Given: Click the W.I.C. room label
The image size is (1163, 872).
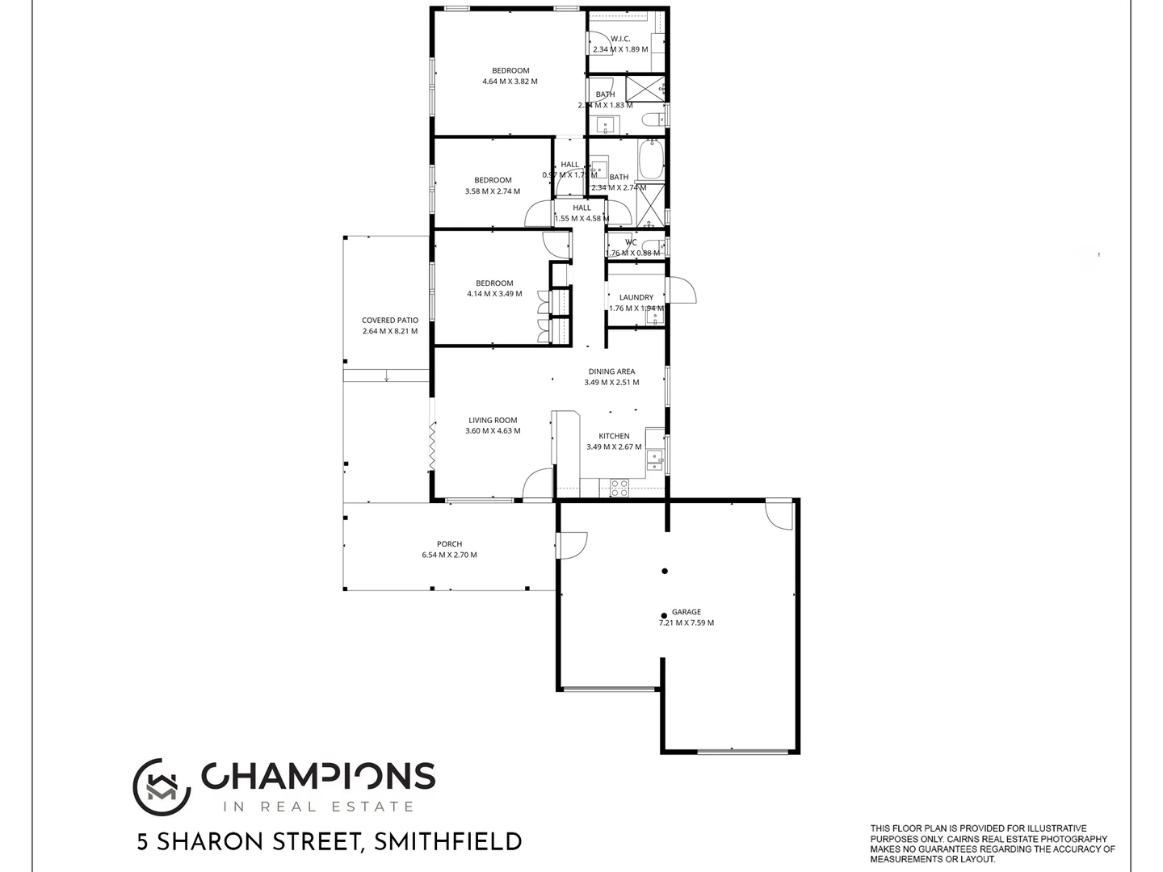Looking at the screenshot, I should pos(620,39).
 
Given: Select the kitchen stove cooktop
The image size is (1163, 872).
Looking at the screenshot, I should pos(619,488).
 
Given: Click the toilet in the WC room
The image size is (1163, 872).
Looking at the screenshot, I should pos(655,245).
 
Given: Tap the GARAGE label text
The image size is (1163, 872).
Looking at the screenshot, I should pos(686,612).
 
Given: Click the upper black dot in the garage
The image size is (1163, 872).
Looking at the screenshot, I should pos(665,571).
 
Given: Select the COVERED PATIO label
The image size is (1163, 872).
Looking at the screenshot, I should pos(390,321).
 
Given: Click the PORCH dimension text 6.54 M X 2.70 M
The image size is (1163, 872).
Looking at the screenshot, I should pos(449,555).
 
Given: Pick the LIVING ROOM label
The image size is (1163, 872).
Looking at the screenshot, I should pos(493,420).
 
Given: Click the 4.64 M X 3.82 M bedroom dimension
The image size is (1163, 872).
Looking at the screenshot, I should pos(510,82).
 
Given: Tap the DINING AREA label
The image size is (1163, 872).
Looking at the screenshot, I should pos(611,371).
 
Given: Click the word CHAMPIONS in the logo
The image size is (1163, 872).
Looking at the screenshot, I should pos(318,776).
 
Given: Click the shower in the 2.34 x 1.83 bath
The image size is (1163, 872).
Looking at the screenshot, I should pos(645,87).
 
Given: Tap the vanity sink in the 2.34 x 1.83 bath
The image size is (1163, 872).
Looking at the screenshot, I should pos(606,125).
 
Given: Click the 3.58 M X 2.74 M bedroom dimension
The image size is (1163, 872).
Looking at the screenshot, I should pos(493,191).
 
